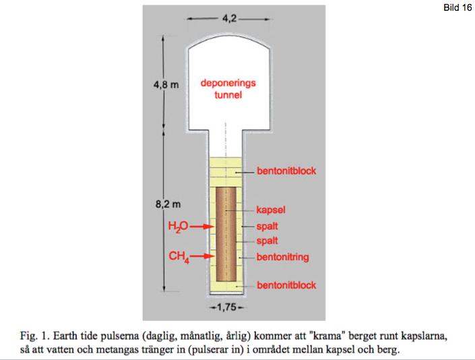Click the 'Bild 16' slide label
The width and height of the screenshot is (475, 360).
click(x=457, y=7)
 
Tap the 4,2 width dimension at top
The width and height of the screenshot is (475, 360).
click(x=229, y=18)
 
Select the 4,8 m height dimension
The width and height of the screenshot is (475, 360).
click(x=166, y=84)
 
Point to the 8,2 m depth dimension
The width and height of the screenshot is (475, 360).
click(x=168, y=204)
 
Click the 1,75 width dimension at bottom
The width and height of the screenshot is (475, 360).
click(x=226, y=307)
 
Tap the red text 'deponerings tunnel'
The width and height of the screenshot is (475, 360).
click(x=228, y=89)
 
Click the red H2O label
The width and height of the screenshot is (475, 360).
click(x=178, y=227)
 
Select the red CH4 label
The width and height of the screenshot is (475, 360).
click(x=179, y=257)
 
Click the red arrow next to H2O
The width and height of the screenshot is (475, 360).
click(x=201, y=227)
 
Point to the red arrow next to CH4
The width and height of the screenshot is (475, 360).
click(x=202, y=256)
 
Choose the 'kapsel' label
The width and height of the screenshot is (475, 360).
click(x=271, y=210)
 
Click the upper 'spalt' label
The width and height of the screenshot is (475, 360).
click(x=267, y=227)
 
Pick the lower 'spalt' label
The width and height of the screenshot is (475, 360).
click(x=267, y=241)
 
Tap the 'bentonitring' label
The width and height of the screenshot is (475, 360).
click(x=282, y=257)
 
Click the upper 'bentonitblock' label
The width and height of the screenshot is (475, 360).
click(x=286, y=171)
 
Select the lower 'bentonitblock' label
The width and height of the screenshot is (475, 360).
click(x=286, y=285)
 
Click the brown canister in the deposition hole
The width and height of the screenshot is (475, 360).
click(x=226, y=234)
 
